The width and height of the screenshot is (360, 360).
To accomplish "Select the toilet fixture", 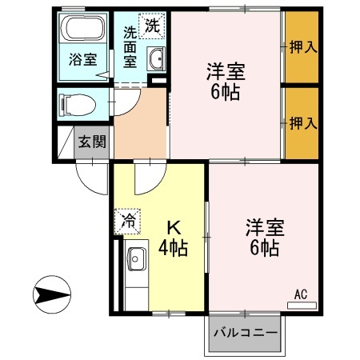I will [x=78, y=102].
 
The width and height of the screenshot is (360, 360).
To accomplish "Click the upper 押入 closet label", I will [x=302, y=46].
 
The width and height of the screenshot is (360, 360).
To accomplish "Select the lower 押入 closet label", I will [x=302, y=123].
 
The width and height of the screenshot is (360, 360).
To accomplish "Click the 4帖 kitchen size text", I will [x=171, y=248].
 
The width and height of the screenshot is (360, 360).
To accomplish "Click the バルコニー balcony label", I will [x=246, y=332].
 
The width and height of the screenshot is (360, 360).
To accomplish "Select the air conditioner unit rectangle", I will [x=302, y=305].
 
